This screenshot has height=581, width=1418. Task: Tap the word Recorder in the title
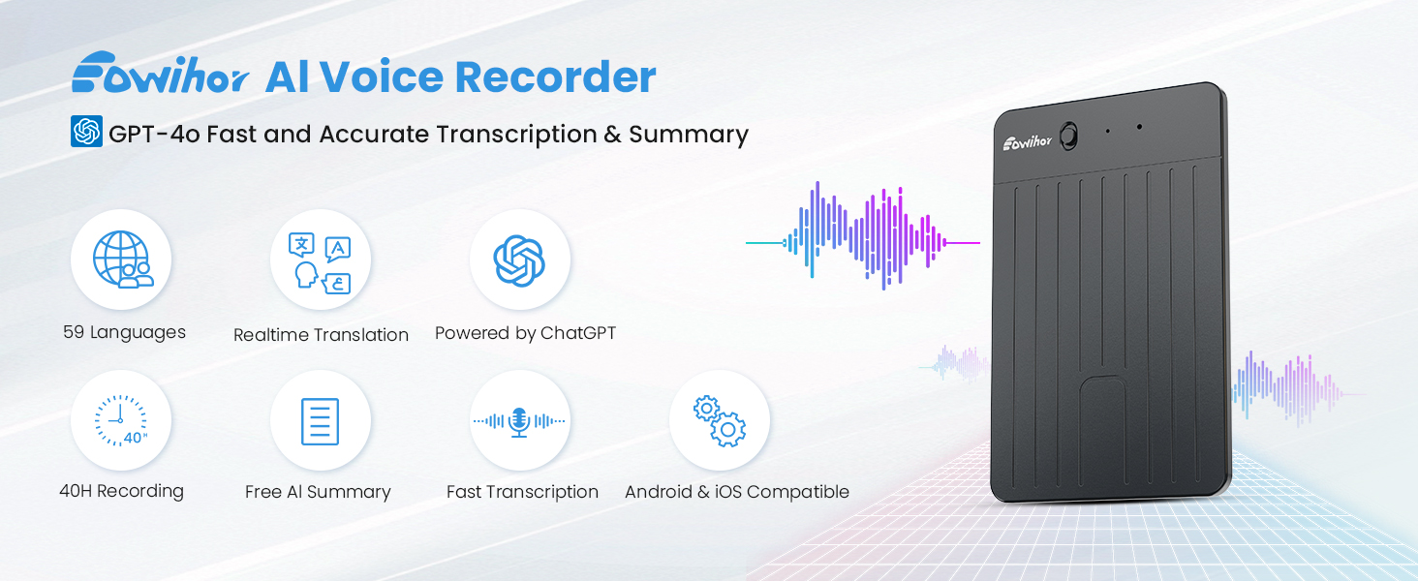[x=555, y=77]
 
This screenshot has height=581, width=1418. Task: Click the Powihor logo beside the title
[x=160, y=73]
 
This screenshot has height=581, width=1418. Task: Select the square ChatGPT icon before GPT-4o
[x=87, y=132]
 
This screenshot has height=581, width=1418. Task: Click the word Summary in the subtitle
[x=688, y=135]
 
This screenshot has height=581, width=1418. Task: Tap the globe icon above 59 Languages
[x=123, y=260]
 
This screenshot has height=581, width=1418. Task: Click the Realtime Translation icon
[x=321, y=262]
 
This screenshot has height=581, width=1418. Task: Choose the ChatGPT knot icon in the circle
[x=520, y=260]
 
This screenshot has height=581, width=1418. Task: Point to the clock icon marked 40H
[x=121, y=421]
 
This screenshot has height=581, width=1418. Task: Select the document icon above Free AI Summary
[x=321, y=421]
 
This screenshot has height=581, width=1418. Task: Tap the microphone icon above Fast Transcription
[x=520, y=421]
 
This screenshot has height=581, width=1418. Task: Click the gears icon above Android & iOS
[x=720, y=421]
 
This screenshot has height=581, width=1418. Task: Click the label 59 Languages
[x=124, y=332]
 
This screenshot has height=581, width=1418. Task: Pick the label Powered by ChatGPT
[x=525, y=333]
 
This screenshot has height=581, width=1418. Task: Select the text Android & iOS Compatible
[x=737, y=492]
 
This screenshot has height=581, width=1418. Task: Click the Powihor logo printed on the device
[x=1027, y=142]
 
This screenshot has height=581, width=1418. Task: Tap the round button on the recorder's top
[x=1068, y=137]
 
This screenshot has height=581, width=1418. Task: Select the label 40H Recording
[x=121, y=491]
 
